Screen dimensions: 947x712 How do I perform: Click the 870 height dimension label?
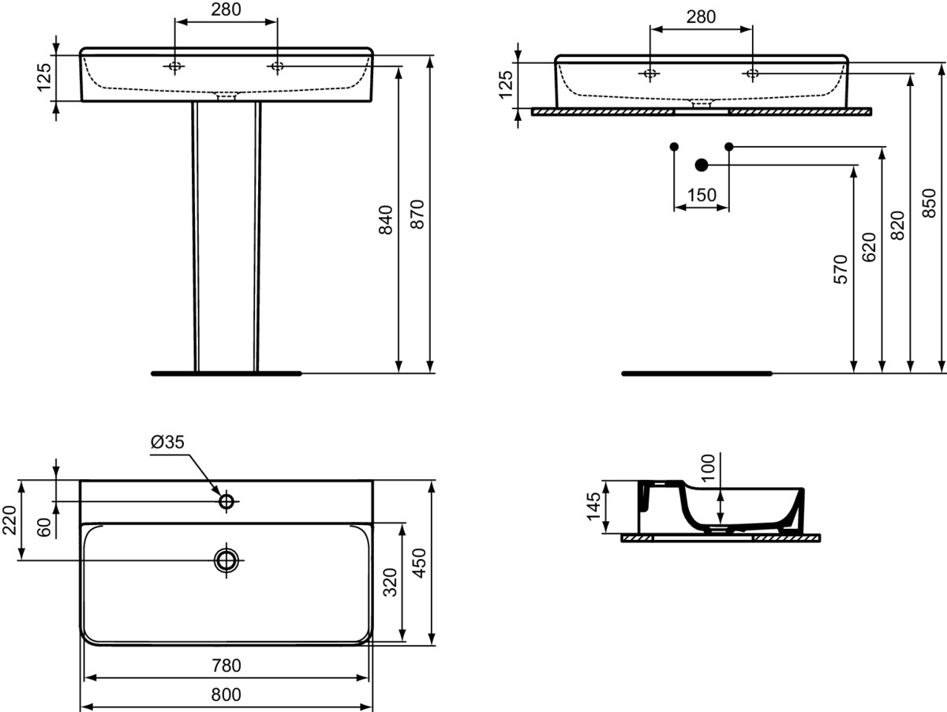[x=418, y=214]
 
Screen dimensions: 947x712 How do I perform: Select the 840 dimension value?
[x=386, y=220]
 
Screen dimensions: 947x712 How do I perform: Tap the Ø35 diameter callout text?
[x=167, y=441]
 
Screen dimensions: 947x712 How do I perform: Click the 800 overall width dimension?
[x=226, y=695]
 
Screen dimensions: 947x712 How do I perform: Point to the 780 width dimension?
[x=226, y=665]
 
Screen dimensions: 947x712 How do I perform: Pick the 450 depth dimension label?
[x=419, y=562]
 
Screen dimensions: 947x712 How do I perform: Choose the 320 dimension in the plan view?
[x=391, y=582]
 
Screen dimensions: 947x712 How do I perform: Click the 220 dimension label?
[x=9, y=520]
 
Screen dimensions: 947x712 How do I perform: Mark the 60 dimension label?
[x=44, y=527]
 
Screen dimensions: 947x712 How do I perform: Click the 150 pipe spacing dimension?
[x=702, y=195]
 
